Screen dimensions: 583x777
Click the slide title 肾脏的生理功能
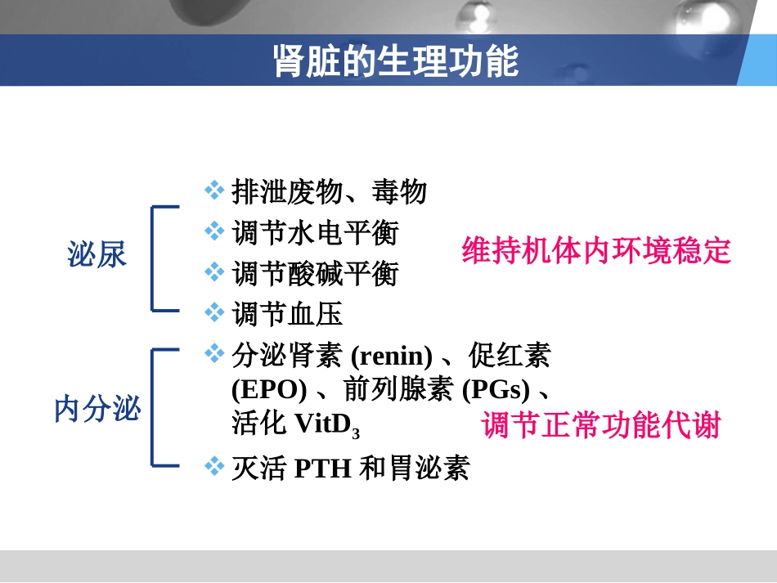[396, 61]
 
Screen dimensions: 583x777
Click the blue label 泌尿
[97, 255]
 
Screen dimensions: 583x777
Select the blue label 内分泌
[97, 408]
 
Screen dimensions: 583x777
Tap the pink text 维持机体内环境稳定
[596, 251]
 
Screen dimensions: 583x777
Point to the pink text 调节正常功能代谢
[601, 426]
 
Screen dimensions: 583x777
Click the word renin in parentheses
[391, 357]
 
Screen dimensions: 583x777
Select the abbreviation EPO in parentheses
[269, 390]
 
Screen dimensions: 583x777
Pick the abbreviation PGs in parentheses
[496, 390]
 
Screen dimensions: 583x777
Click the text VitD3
[326, 424]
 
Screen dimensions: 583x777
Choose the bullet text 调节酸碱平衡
[315, 273]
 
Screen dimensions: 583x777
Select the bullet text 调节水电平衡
[315, 233]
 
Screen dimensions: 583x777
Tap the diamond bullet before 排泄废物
[214, 191]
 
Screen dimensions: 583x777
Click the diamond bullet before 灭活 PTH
[214, 466]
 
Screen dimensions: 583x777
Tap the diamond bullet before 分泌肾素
[214, 353]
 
